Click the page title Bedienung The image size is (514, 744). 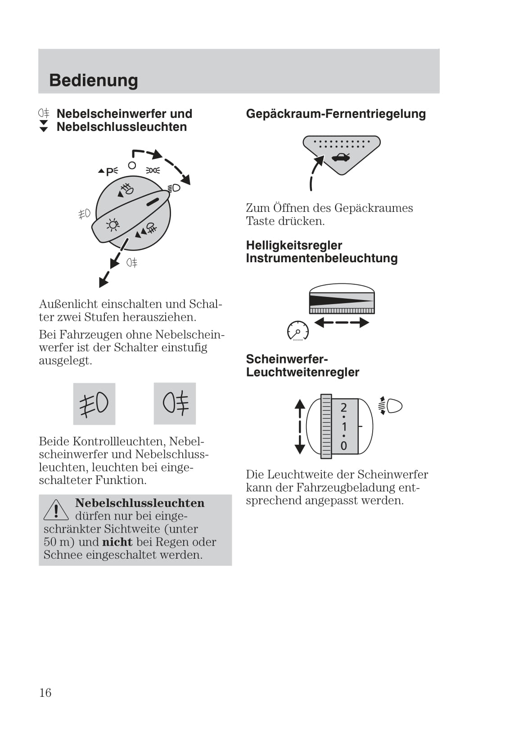(94, 81)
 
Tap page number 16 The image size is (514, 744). (45, 693)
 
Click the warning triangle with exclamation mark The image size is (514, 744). (56, 510)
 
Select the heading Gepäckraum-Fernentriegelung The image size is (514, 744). (336, 114)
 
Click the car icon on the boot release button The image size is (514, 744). (340, 157)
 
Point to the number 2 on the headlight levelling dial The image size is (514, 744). (344, 408)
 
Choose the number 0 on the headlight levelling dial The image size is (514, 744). (344, 446)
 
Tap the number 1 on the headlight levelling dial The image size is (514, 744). (344, 426)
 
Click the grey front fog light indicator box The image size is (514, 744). (94, 403)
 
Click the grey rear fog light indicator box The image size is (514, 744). (175, 403)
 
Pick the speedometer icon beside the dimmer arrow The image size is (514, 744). (298, 332)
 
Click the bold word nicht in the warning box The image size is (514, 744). (117, 542)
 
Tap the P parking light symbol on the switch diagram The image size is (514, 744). (109, 171)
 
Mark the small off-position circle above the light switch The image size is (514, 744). (132, 166)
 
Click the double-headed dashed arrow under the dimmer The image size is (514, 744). (342, 323)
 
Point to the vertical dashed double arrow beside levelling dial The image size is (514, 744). (300, 426)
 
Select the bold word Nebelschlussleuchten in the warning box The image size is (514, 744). (140, 503)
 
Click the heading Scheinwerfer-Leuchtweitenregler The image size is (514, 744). (302, 366)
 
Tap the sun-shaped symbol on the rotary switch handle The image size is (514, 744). (112, 224)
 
